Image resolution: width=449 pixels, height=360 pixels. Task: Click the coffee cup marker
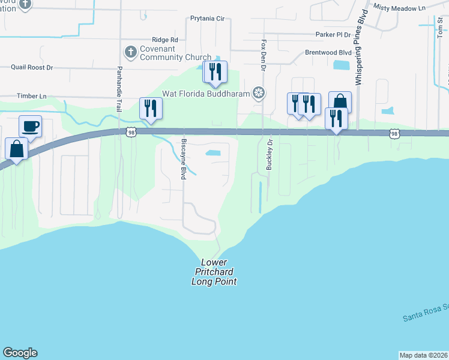pyautogui.click(x=30, y=127)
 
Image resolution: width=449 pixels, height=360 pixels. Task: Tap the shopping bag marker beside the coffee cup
pyautogui.click(x=17, y=149)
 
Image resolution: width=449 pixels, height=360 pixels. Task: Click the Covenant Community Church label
pyautogui.click(x=175, y=53)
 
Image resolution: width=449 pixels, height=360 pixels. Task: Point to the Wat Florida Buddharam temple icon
pyautogui.click(x=259, y=92)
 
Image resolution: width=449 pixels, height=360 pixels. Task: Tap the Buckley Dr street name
pyautogui.click(x=270, y=154)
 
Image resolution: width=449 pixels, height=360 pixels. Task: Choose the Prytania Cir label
pyautogui.click(x=206, y=19)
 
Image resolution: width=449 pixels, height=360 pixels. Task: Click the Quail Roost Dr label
pyautogui.click(x=32, y=67)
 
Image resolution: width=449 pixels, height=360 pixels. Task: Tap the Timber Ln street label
pyautogui.click(x=32, y=96)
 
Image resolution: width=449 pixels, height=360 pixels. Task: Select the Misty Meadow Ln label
pyautogui.click(x=399, y=7)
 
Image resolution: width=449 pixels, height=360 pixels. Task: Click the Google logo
pyautogui.click(x=20, y=353)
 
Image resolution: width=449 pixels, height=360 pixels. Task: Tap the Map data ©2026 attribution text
pyautogui.click(x=423, y=355)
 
